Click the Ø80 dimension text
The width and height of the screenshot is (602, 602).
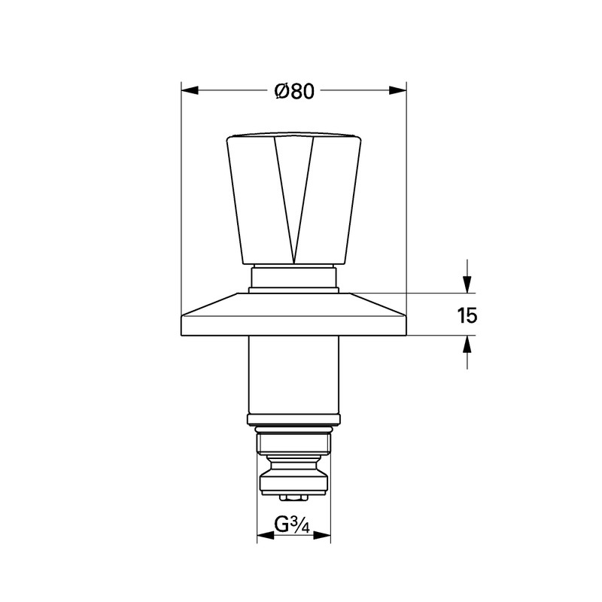pyautogui.click(x=293, y=91)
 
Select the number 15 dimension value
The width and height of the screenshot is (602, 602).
pyautogui.click(x=467, y=315)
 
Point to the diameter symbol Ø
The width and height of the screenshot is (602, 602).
pyautogui.click(x=279, y=91)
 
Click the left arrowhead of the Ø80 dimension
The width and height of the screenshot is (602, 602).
pyautogui.click(x=189, y=91)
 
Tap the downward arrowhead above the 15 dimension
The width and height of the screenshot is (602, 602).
pyautogui.click(x=467, y=284)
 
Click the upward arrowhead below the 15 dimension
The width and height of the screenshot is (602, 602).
pyautogui.click(x=467, y=344)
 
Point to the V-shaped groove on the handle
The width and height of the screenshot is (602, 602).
pyautogui.click(x=293, y=196)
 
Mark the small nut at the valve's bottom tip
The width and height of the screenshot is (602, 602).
pyautogui.click(x=293, y=497)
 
